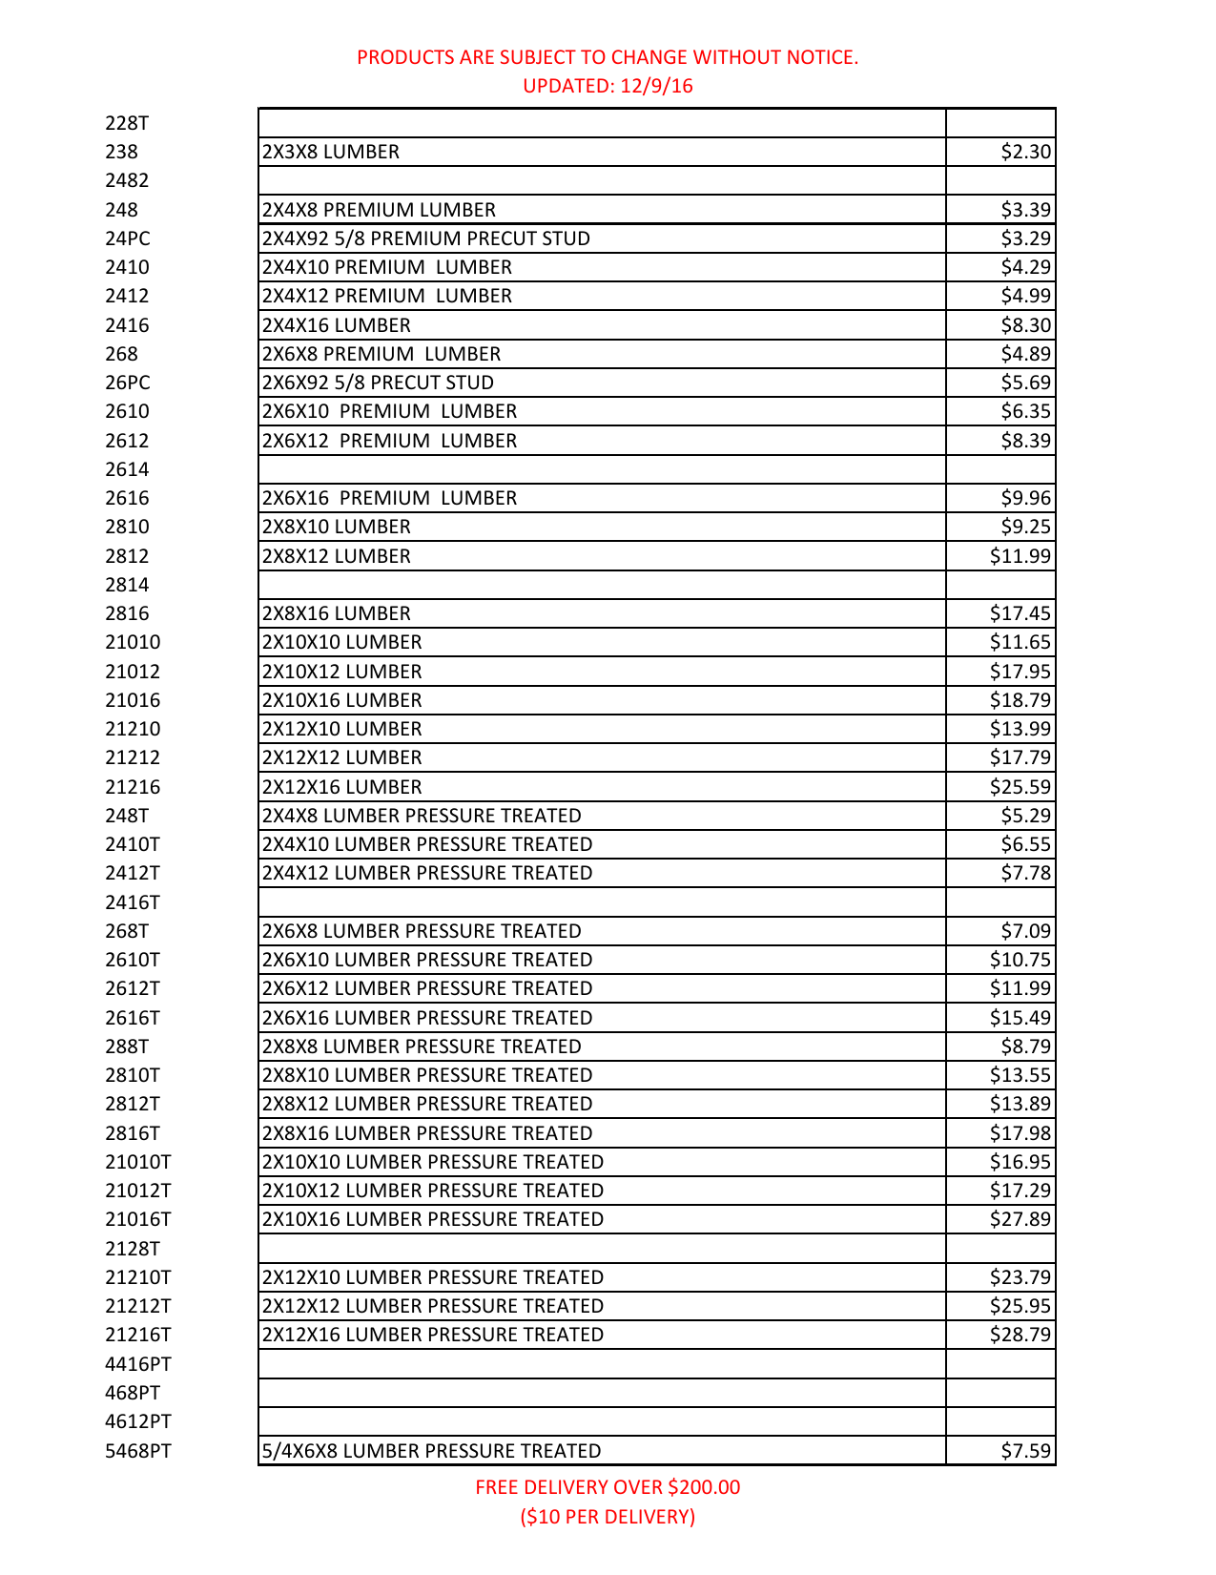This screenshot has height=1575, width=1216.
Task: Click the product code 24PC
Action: [x=128, y=238]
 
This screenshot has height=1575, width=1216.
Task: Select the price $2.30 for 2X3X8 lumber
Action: [x=1025, y=152]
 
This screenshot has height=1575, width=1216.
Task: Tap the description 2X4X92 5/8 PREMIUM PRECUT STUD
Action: [x=426, y=238]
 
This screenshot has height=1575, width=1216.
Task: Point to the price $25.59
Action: [x=1020, y=787]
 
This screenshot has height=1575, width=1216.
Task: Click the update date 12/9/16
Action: [x=656, y=86]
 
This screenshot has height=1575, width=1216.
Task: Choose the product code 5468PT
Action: [x=138, y=1451]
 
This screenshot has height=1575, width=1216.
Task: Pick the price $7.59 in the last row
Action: [x=1025, y=1451]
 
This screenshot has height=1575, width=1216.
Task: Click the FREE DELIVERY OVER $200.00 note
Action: [x=608, y=1487]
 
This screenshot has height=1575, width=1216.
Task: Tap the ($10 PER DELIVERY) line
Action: [x=608, y=1516]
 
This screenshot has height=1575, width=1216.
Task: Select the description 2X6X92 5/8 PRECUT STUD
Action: [x=379, y=383]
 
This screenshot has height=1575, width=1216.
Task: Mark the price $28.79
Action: [x=1020, y=1335]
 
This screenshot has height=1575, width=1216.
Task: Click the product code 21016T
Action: [x=138, y=1219]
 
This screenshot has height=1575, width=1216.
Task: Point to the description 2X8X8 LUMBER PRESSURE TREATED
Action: [x=422, y=1047]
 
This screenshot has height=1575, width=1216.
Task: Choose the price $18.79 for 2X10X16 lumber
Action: [x=1020, y=700]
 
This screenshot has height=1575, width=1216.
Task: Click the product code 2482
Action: [x=128, y=180]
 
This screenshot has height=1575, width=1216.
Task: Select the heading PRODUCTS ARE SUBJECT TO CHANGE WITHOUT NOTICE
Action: [x=608, y=57]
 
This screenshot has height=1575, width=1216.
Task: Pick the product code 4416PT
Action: [x=138, y=1364]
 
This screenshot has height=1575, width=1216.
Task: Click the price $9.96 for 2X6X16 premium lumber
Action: [x=1025, y=498]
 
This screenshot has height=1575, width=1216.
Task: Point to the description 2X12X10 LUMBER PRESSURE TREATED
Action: [x=433, y=1277]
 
